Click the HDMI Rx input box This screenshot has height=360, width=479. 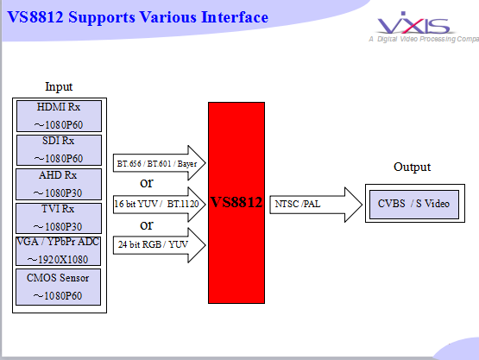59,117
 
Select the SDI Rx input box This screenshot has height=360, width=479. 59,150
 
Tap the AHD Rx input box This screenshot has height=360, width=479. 59,184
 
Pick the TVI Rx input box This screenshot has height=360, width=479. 59,218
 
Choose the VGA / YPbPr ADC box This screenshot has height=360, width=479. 59,251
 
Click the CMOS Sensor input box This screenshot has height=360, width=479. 59,287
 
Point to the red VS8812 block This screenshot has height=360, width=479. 236,203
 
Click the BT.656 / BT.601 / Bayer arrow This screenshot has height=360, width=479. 159,163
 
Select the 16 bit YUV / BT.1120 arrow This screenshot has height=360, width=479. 159,204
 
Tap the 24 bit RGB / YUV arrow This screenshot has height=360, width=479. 159,245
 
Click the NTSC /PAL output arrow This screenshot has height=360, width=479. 316,205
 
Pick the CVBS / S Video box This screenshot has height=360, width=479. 414,204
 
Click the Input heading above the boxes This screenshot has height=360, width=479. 59,87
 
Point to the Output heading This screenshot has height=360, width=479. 412,167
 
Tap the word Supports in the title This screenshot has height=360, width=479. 102,18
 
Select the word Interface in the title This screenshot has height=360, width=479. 235,17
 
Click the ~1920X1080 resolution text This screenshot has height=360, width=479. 58,260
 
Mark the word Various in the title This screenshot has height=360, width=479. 168,17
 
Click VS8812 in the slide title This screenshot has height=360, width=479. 35,17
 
